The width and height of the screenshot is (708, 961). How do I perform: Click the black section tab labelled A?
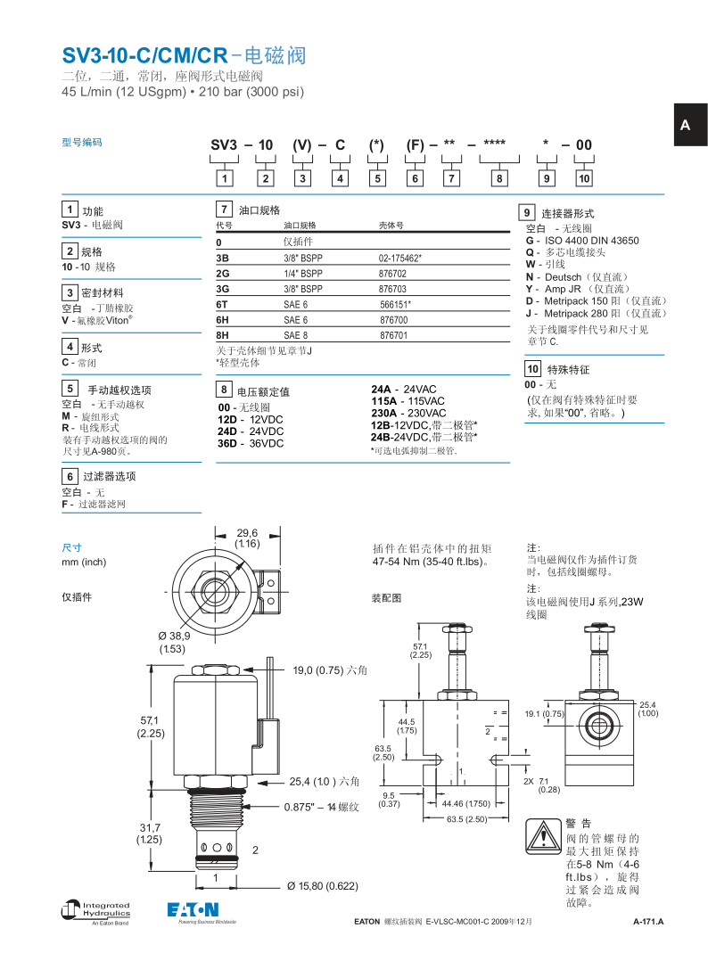click(x=685, y=125)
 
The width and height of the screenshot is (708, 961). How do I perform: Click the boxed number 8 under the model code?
click(x=500, y=178)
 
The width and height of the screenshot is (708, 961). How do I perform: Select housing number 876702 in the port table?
click(x=392, y=274)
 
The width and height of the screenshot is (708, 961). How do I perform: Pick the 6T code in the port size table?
click(x=223, y=304)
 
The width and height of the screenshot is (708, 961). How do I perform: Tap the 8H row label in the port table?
click(x=223, y=335)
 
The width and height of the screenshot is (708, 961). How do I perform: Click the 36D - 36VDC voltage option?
click(x=251, y=443)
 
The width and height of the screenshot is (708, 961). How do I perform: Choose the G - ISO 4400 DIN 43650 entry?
click(x=581, y=241)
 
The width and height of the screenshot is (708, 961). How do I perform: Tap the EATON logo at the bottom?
click(x=193, y=909)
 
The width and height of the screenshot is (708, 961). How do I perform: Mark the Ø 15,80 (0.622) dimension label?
click(x=322, y=886)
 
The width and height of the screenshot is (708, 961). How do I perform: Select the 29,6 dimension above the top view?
click(x=247, y=538)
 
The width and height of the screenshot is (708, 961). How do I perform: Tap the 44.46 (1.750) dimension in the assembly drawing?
click(x=466, y=803)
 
